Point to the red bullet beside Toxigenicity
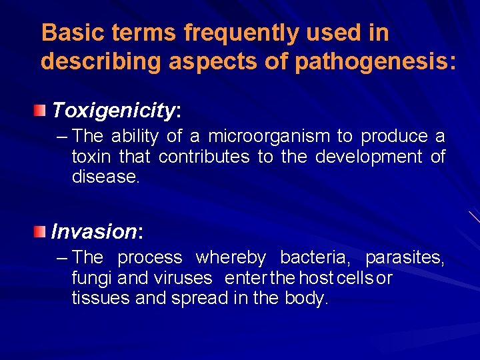tap(42, 109)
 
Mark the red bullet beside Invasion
tap(42, 231)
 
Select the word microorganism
tap(269, 137)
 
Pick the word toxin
tap(93, 157)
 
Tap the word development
tap(369, 157)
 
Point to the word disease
tap(105, 178)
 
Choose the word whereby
tap(231, 257)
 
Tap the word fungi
tap(91, 278)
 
